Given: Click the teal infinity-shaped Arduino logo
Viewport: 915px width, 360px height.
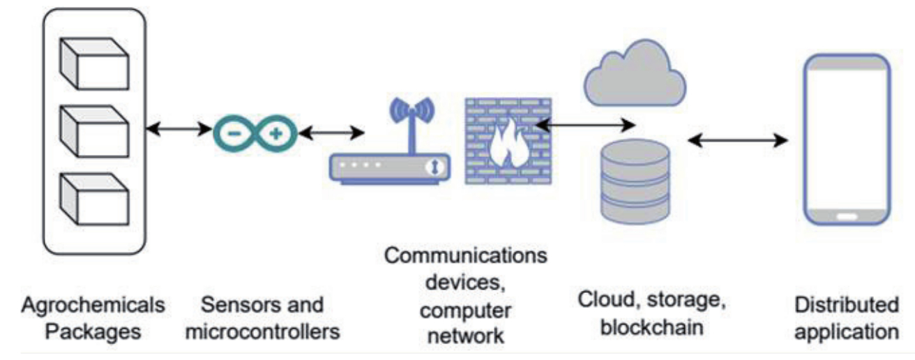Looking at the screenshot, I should point(255,132).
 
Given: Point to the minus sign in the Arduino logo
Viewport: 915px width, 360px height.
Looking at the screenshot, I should point(234,132).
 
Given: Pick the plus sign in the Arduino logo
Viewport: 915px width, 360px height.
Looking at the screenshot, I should point(276,132).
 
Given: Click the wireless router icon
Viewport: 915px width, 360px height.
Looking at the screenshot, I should point(390,167).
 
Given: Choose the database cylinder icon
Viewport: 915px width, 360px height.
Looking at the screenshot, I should point(635,181).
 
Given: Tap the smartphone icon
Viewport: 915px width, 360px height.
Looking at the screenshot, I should point(847,140).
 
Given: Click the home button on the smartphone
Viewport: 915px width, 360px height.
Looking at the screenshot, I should point(847,216).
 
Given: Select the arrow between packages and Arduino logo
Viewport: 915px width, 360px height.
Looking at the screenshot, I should point(179,128).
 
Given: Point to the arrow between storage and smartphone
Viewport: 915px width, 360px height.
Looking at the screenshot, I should point(738,140).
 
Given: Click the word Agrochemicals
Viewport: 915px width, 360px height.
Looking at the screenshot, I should point(93,306).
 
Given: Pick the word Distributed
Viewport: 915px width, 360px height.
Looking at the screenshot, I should point(847,306).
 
